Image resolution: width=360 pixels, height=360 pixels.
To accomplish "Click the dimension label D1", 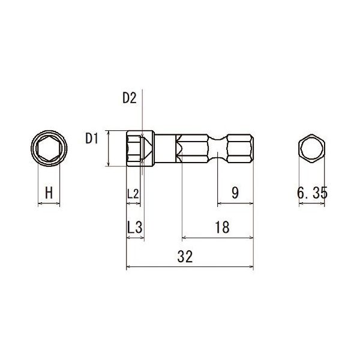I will (92, 139).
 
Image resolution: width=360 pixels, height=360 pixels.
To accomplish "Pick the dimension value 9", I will (235, 193).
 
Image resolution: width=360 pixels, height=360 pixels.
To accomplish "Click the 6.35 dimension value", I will (312, 193).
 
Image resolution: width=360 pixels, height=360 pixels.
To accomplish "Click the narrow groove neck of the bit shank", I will (217, 149).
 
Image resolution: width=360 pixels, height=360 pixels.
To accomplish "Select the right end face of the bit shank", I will (253, 149).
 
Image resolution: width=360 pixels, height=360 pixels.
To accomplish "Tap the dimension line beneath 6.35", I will (312, 204).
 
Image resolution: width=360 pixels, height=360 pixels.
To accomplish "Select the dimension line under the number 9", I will (235, 204).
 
